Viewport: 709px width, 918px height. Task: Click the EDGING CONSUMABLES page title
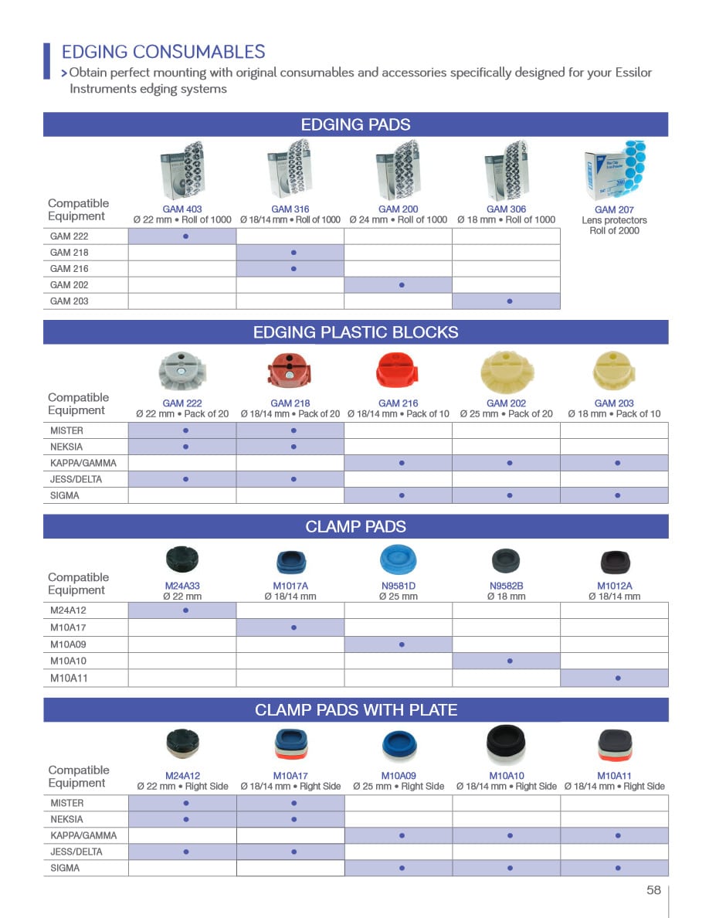point(163,52)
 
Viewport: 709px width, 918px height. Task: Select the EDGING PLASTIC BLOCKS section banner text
point(355,332)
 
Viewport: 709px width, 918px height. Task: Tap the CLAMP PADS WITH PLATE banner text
point(355,709)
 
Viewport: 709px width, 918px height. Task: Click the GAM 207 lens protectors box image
point(614,172)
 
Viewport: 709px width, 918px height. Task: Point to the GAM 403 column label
point(182,209)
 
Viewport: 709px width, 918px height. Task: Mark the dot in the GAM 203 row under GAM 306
point(510,301)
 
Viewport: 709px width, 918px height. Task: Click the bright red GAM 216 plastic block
point(399,371)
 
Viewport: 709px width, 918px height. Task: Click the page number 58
point(653,889)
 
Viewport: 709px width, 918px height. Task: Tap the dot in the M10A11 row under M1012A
point(618,678)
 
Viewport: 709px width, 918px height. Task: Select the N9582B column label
point(507,586)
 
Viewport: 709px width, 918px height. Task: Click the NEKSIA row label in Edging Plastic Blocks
point(66,447)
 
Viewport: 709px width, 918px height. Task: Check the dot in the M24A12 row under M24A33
point(186,610)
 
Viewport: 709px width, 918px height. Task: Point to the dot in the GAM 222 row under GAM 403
point(186,236)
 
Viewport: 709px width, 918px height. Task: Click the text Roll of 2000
point(614,230)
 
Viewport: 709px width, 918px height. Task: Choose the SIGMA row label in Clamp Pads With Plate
point(65,868)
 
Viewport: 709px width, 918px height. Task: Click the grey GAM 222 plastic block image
point(182,371)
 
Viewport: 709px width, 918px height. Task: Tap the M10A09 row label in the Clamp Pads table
point(68,644)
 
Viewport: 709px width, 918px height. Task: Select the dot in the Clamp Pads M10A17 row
point(294,627)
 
